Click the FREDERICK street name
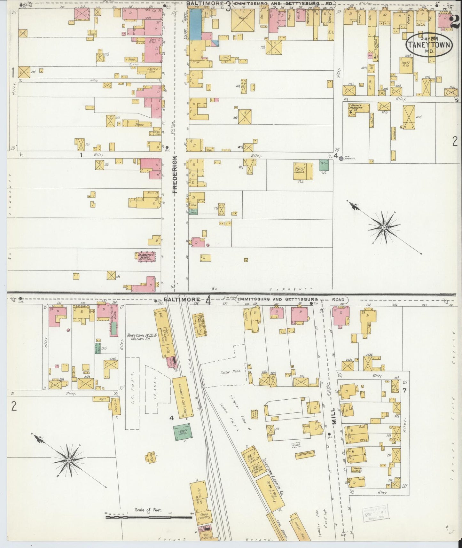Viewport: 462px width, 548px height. [x=175, y=174]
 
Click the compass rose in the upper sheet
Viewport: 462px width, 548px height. [x=384, y=227]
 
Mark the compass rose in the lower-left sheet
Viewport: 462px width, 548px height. [x=69, y=459]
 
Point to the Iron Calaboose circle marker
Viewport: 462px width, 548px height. [x=341, y=158]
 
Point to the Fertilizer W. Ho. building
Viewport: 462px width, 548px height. [x=198, y=497]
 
